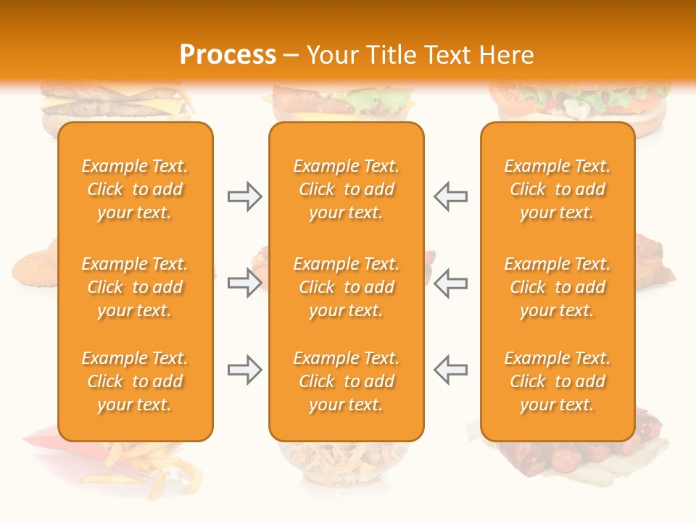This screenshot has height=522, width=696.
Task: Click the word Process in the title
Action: pos(228,55)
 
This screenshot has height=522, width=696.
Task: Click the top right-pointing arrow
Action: pos(245,196)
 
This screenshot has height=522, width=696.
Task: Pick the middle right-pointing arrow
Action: pos(245,283)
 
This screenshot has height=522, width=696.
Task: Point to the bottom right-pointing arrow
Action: pos(245,370)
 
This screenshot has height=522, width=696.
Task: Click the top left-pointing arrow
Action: pos(450,196)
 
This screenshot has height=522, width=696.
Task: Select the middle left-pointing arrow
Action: pos(450,283)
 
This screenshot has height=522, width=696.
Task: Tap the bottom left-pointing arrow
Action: pos(450,370)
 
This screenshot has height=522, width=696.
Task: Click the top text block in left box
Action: pos(135,189)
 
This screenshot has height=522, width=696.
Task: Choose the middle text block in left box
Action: pos(135,287)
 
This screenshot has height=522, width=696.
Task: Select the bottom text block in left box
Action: pos(135,381)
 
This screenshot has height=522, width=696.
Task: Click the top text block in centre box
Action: pos(346,189)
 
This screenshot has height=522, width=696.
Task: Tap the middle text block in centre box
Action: pos(346,287)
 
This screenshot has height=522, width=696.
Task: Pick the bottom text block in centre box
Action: pos(346,381)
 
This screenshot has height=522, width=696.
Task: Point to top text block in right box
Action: pos(558,189)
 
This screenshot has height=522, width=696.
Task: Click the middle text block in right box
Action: pos(558,287)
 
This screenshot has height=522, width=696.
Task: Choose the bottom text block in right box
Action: pos(558,381)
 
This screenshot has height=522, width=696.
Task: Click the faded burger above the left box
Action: pos(116,105)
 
